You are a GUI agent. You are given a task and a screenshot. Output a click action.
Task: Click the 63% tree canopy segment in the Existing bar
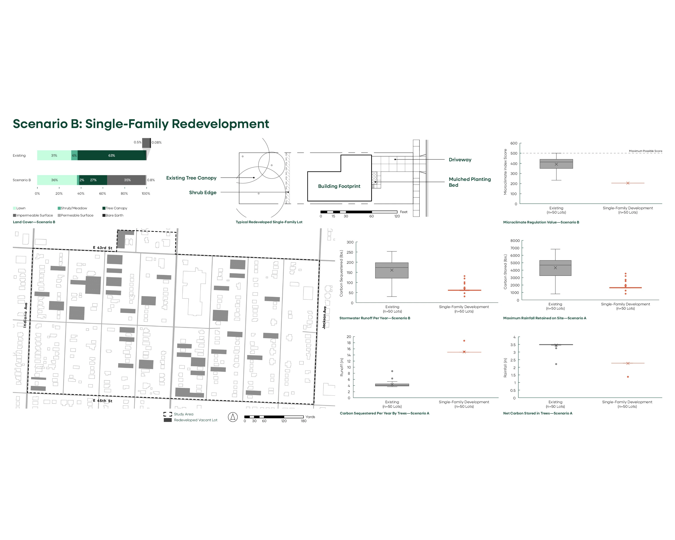(112, 155)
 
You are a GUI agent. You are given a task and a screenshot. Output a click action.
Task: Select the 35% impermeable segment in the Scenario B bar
(127, 180)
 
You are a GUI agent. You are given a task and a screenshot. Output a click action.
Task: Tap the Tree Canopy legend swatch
(104, 208)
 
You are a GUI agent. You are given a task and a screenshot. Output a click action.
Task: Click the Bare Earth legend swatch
(104, 215)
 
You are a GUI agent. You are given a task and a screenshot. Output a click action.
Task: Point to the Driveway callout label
(460, 160)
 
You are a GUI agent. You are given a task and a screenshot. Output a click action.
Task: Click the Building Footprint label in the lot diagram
(339, 186)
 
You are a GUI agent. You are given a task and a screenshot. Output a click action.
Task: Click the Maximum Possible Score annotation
(645, 151)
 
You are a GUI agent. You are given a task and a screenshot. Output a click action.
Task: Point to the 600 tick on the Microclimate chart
(513, 143)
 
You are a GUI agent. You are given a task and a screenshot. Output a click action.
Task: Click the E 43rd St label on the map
(102, 248)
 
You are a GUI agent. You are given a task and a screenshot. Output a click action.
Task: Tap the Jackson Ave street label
(324, 317)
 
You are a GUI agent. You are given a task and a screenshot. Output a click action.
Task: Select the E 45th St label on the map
(102, 401)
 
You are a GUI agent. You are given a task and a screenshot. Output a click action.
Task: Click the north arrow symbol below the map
(233, 417)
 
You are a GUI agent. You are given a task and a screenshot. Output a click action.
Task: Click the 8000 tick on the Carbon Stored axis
(515, 241)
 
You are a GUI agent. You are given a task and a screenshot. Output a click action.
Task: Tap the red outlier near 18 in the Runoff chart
(464, 341)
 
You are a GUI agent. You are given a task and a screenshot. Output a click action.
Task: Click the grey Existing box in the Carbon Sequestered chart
(392, 270)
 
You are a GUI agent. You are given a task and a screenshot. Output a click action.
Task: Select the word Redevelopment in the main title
(220, 124)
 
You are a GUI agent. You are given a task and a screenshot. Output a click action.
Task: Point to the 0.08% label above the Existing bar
(157, 142)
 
